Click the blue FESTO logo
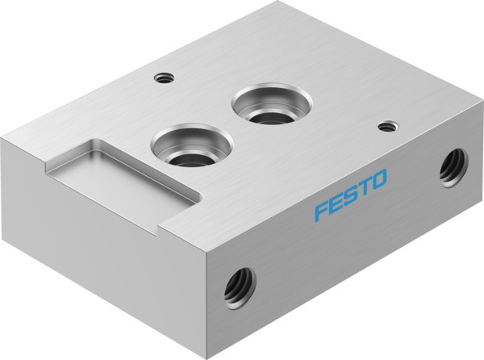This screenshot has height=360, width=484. coord(351,195)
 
